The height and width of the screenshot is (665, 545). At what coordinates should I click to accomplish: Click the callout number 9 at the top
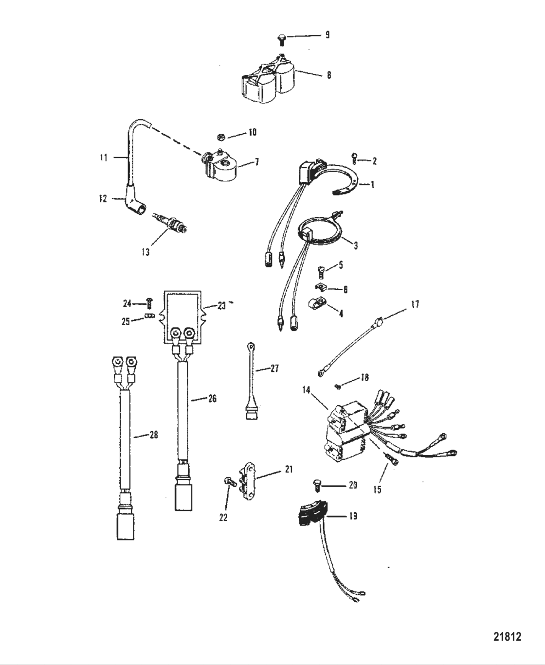point(327,35)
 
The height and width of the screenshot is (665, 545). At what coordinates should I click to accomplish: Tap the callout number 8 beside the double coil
point(329,75)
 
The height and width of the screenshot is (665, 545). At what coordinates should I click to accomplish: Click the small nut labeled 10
point(221,137)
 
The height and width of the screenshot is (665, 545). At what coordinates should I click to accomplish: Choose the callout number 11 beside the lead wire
point(104,157)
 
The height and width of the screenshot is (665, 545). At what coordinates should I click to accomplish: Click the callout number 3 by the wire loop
point(356,245)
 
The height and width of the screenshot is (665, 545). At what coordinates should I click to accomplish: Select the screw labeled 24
point(150,304)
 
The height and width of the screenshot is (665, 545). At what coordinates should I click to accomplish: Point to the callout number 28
point(154,435)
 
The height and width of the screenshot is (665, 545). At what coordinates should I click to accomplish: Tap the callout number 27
point(274,368)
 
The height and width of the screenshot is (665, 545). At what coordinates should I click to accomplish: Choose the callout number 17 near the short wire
point(415,304)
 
